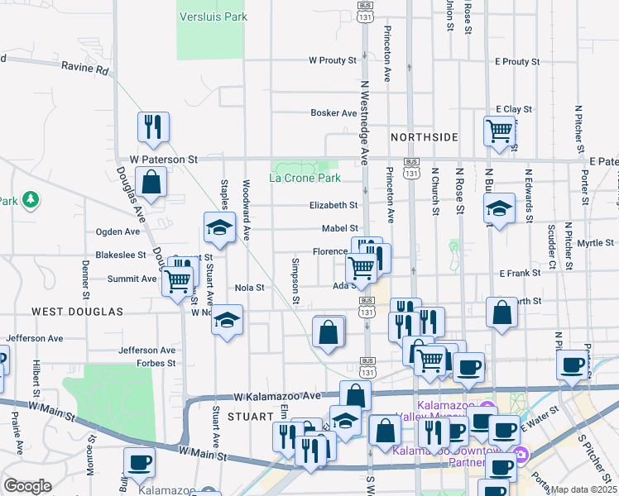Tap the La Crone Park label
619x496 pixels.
pos(305,178)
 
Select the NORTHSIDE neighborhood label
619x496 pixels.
pos(425,136)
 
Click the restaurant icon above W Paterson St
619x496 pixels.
pos(153,126)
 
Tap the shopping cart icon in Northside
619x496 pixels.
pos(500,131)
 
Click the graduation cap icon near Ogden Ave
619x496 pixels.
pos(219,228)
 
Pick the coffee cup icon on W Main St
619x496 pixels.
pos(139,462)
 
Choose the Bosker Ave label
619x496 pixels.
pos(333,113)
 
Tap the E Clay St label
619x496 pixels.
pos(513,109)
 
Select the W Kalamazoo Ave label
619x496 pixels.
pos(276,397)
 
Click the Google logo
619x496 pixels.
pos(27,486)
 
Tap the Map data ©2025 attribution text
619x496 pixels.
pos(583,489)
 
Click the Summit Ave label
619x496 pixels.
pos(137,279)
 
